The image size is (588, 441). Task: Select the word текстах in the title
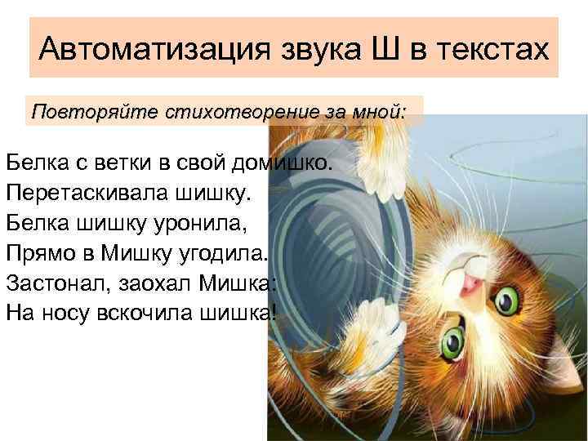tap(497, 48)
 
